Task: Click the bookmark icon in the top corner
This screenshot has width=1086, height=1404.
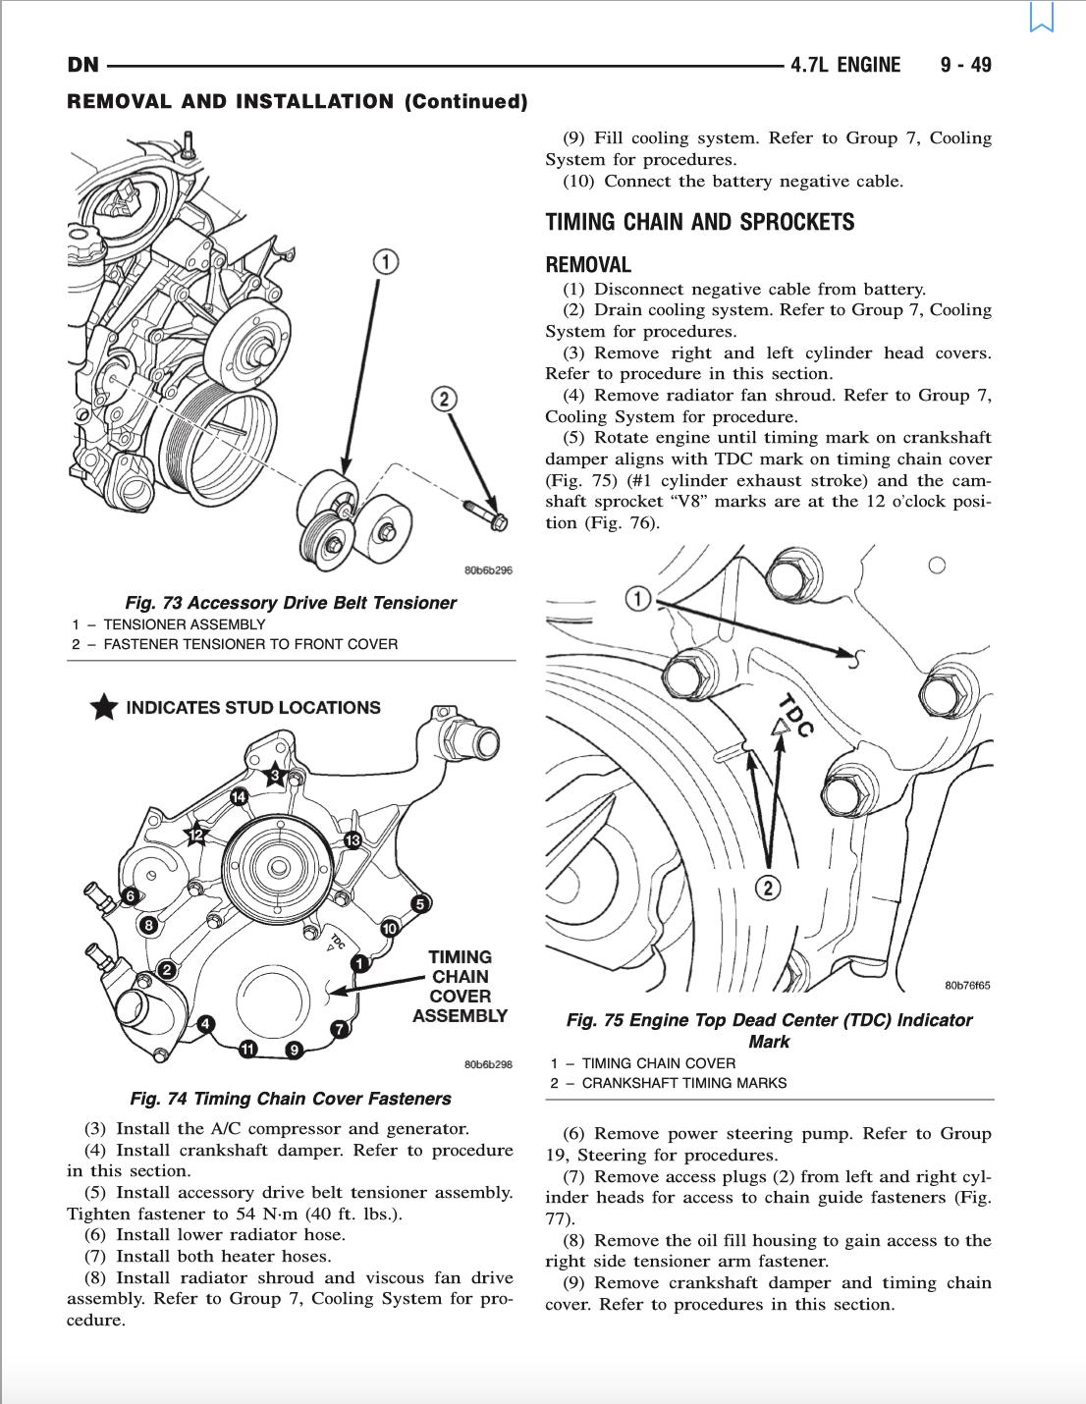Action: (x=1041, y=17)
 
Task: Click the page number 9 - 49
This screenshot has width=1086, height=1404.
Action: (x=965, y=65)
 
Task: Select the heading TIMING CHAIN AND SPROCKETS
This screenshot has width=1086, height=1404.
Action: (x=699, y=222)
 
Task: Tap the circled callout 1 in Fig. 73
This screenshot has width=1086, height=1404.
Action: (x=387, y=261)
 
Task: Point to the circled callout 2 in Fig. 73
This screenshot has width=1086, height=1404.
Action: (x=444, y=398)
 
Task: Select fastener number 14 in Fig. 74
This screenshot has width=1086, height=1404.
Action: (x=239, y=796)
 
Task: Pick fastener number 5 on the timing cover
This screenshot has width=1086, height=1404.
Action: (x=420, y=903)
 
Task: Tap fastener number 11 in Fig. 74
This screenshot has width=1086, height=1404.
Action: (x=247, y=1050)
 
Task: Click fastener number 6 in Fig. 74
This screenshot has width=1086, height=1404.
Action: (x=129, y=895)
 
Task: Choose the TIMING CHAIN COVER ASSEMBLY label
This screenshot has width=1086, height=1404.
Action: (x=460, y=986)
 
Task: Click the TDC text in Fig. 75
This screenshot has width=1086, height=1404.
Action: (x=796, y=715)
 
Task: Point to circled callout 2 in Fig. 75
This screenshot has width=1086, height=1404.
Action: (x=767, y=889)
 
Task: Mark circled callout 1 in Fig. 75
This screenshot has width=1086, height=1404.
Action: (x=638, y=598)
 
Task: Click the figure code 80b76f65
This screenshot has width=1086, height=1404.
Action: (x=967, y=985)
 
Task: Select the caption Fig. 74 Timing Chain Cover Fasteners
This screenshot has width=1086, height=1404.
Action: (x=290, y=1099)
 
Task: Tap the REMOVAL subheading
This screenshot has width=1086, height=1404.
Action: (x=588, y=264)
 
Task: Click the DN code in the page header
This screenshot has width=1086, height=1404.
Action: (x=82, y=65)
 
